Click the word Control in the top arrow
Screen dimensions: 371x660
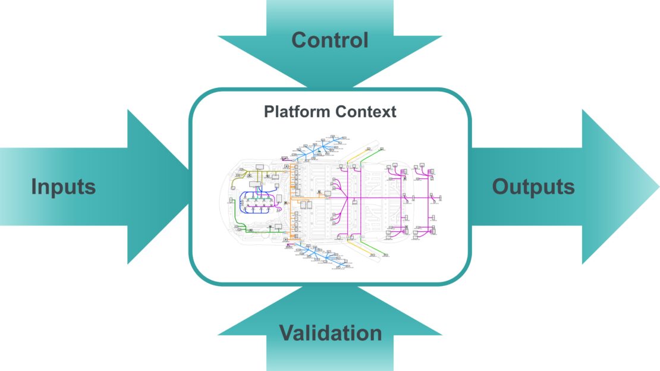330,40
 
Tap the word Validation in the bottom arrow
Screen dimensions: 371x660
331,332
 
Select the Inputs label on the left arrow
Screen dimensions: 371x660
64,187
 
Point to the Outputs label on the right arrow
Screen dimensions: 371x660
533,187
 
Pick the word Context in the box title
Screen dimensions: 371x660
369,111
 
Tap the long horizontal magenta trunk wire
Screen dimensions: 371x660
381,197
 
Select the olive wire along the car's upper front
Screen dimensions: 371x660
250,174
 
